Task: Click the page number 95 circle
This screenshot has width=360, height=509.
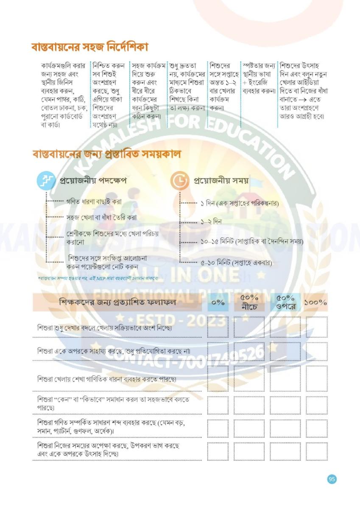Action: (x=332, y=479)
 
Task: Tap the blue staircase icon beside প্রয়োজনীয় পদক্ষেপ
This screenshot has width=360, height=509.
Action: (x=45, y=181)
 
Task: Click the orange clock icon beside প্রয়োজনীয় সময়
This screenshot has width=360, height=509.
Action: (x=179, y=181)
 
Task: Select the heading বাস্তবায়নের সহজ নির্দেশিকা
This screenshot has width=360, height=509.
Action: (x=89, y=47)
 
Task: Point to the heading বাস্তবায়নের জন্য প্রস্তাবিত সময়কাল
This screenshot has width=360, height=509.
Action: (x=106, y=154)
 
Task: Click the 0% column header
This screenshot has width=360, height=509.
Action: (x=218, y=303)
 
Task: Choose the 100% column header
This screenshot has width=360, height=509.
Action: (x=316, y=303)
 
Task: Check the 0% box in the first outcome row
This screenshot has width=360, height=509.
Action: (x=218, y=327)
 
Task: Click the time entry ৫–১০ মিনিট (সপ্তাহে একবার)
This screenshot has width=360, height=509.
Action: (x=236, y=263)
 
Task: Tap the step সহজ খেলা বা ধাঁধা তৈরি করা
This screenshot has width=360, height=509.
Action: (x=101, y=218)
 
